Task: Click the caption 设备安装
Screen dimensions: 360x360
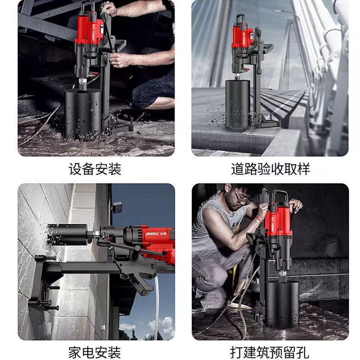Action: click(x=95, y=169)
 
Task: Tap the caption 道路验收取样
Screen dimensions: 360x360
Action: click(x=270, y=169)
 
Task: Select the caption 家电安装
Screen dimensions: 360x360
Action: click(x=95, y=350)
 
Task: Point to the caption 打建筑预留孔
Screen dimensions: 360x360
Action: click(x=270, y=350)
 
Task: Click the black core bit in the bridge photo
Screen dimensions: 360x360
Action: click(x=238, y=105)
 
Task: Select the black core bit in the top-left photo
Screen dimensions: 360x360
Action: click(x=83, y=112)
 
